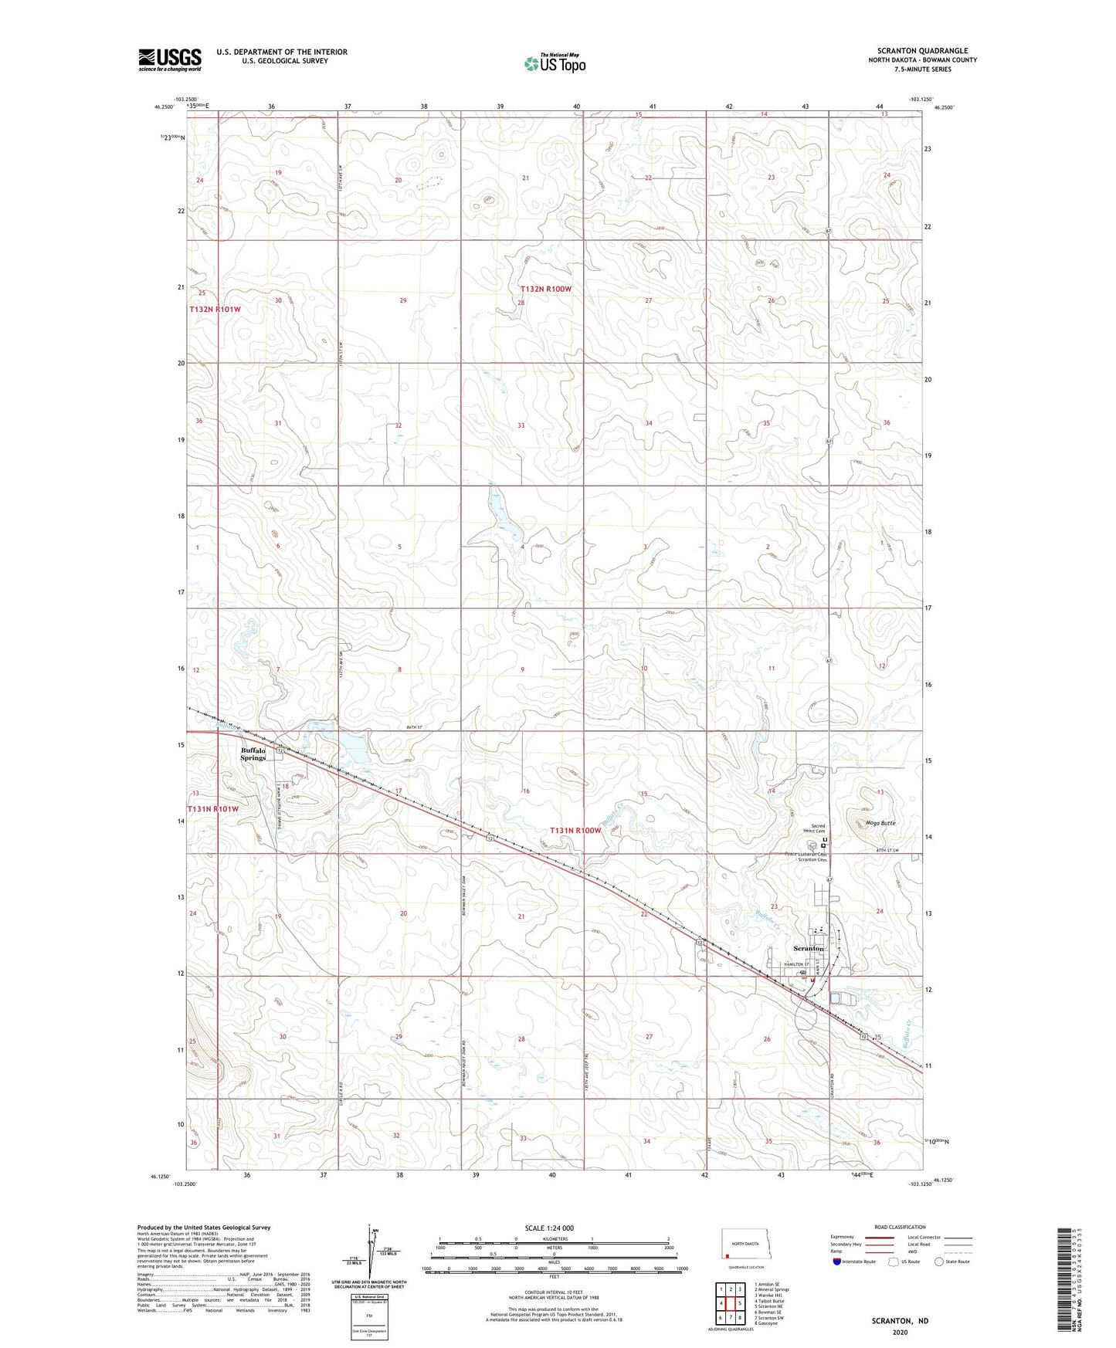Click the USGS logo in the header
tap(170, 59)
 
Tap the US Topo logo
tap(555, 64)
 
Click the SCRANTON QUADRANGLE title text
tap(922, 51)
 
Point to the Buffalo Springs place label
tap(253, 754)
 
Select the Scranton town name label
tap(809, 948)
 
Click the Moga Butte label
tap(880, 823)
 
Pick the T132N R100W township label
tap(545, 289)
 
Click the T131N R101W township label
tap(213, 808)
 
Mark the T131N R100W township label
tap(575, 831)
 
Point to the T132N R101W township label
tap(215, 309)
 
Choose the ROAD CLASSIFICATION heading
tap(899, 1227)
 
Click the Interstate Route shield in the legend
tap(839, 1262)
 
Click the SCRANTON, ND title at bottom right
tap(900, 1321)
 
